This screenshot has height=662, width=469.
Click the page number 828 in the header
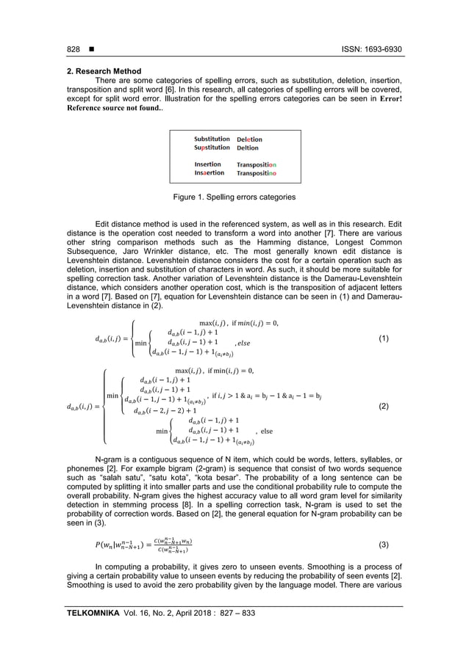(73, 49)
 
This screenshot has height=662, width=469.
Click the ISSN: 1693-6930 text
(376, 49)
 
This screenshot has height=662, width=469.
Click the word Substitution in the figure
(211, 139)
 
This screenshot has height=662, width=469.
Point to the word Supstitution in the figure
(212, 148)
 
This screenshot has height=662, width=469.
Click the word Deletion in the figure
(249, 139)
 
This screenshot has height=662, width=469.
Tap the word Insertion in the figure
(207, 164)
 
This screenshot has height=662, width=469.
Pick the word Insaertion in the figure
(209, 173)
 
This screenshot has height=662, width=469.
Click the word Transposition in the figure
(257, 164)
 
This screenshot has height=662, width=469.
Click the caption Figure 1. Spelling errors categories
(234, 197)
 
